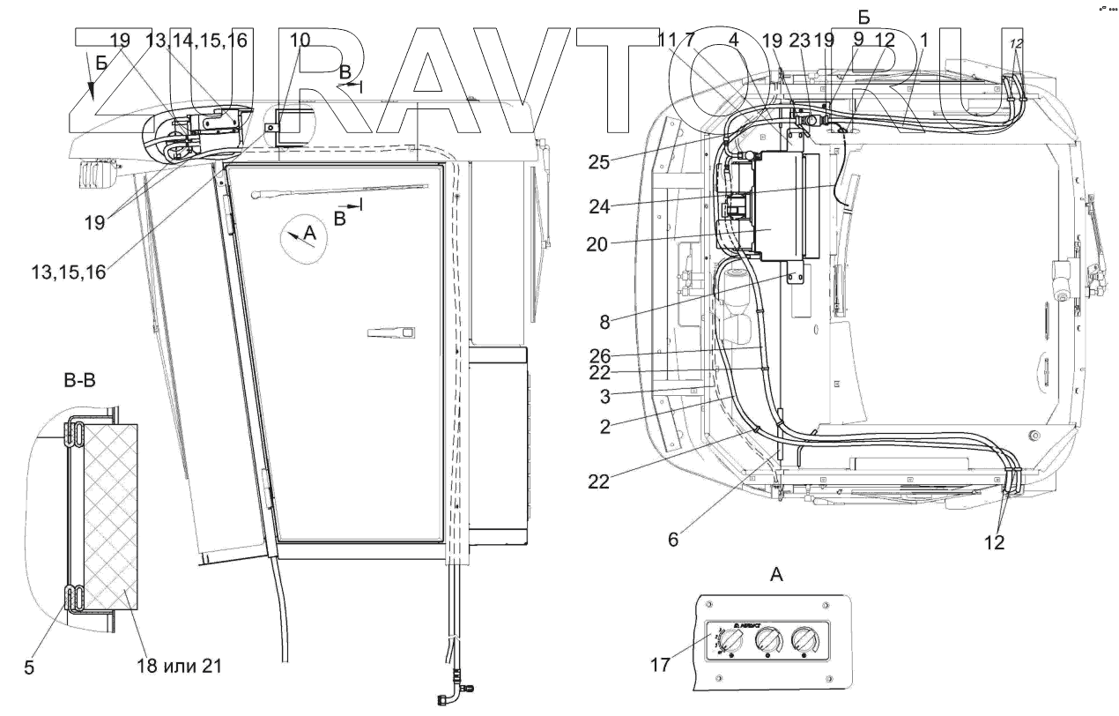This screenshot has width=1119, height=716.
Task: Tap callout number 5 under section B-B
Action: (30, 668)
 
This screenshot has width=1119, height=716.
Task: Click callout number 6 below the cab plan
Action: (673, 540)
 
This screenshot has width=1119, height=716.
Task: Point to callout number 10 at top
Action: (300, 40)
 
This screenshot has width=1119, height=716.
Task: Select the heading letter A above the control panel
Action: (776, 575)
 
